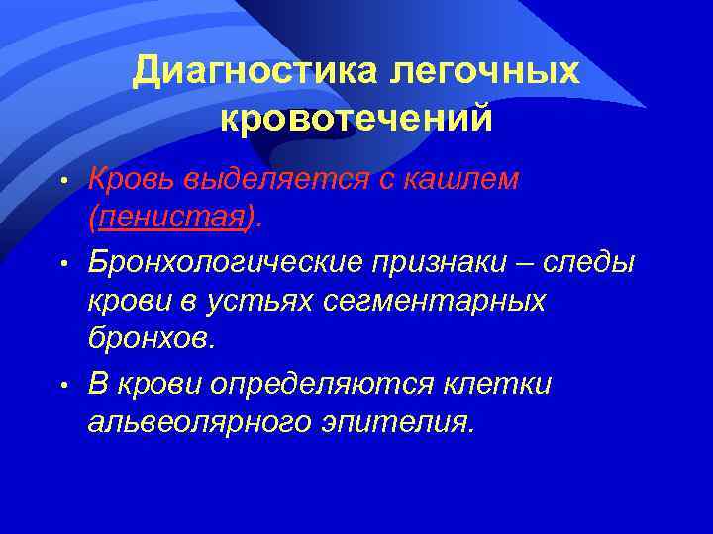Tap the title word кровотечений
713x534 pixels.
click(x=356, y=118)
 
